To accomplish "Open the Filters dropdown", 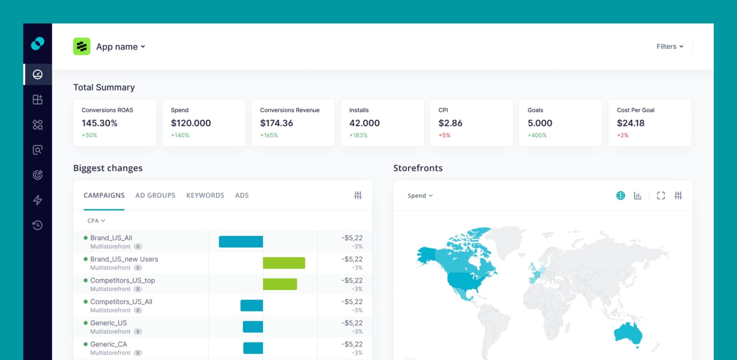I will coord(669,46).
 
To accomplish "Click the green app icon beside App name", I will coord(82,46).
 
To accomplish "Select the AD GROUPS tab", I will coord(155,195).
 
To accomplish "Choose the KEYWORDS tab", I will coord(205,195).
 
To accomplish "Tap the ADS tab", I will coord(242,195).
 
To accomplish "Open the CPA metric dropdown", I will coord(96,221).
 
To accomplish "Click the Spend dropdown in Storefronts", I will coord(420,195).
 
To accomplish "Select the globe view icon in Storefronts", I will coord(620,195).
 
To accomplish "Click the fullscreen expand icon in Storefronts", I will coord(661,195).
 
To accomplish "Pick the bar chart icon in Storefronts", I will coord(638,195).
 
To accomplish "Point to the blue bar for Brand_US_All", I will coord(241,242).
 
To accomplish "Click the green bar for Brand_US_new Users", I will coord(284,263).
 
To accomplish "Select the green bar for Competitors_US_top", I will coord(280,284).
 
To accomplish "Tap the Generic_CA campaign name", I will coord(109,344).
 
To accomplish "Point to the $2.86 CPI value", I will coord(450,123).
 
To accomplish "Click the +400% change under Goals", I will coord(537,135).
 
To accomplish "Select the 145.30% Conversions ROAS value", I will coord(99,123).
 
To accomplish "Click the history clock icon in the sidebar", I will coord(37,225).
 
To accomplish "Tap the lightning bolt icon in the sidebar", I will coord(37,200).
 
